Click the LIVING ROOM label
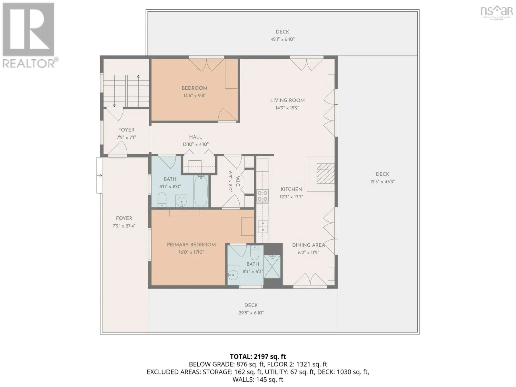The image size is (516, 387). click(287, 100)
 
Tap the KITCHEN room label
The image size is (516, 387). click(291, 189)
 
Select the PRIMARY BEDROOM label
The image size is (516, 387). click(191, 244)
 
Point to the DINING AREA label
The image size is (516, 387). click(308, 245)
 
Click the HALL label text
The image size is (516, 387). click(195, 137)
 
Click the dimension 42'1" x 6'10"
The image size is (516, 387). click(282, 39)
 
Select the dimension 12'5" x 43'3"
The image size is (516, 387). click(382, 182)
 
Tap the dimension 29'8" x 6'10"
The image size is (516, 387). click(251, 313)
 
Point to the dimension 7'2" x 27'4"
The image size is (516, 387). click(124, 226)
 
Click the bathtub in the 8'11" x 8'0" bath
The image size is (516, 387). click(201, 191)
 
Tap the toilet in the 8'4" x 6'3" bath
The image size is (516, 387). click(254, 253)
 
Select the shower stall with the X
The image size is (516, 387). click(272, 267)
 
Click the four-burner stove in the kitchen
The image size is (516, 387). click(262, 196)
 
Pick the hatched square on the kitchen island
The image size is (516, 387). click(325, 174)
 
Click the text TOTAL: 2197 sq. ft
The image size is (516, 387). click(258, 356)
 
